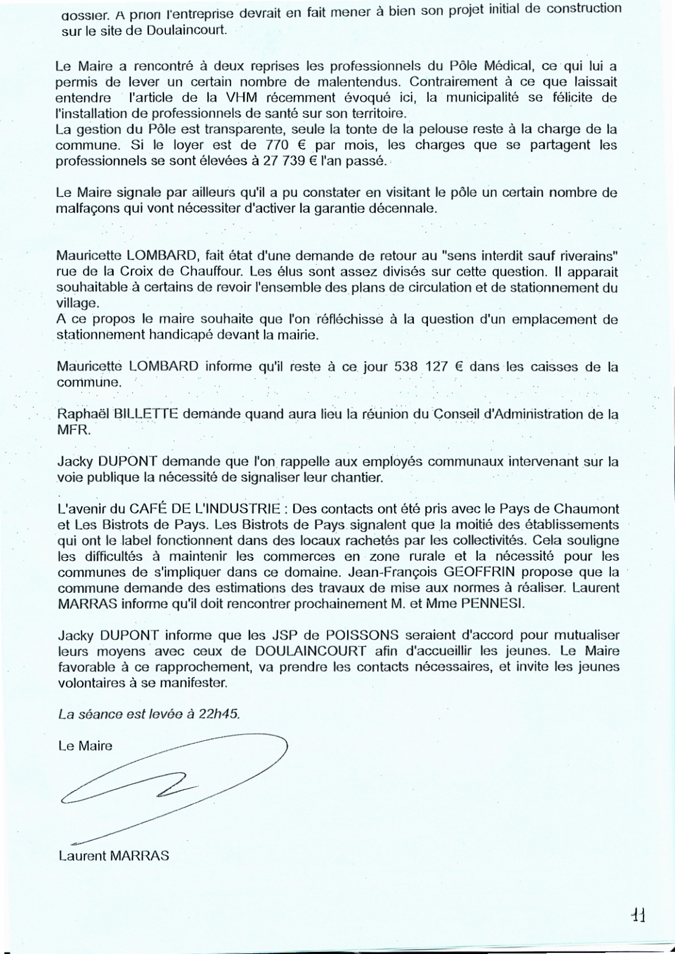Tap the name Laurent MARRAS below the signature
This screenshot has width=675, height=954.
pyautogui.click(x=113, y=856)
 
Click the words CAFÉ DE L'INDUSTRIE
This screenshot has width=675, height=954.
pyautogui.click(x=205, y=510)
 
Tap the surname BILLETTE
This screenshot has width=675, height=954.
pyautogui.click(x=146, y=414)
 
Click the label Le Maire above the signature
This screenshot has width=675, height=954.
pyautogui.click(x=85, y=746)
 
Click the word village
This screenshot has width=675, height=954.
pyautogui.click(x=76, y=303)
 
